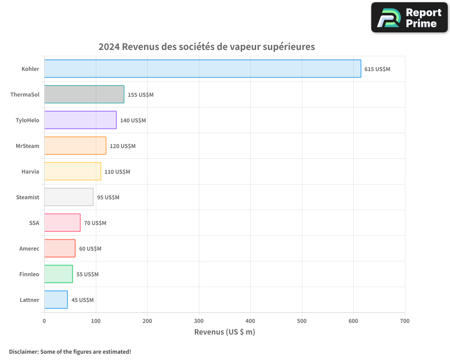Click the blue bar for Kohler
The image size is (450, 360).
click(202, 69)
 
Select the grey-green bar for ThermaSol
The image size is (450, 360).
click(84, 94)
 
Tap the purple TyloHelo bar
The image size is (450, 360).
click(80, 120)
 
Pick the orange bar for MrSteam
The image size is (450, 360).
click(75, 146)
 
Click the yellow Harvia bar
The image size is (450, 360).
click(72, 171)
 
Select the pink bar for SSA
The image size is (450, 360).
click(62, 223)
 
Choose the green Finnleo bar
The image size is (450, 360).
click(58, 274)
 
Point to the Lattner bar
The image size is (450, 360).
click(56, 300)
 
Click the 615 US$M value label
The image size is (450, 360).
click(377, 69)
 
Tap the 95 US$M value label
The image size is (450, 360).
click(108, 198)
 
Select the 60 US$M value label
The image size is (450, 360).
click(90, 249)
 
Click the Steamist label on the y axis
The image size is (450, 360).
click(27, 197)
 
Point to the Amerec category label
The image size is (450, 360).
click(29, 248)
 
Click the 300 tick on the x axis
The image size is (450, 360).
click(199, 321)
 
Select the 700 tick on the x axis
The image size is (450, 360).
click(405, 321)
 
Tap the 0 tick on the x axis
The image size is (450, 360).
click(44, 321)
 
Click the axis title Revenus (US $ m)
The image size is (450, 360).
click(225, 332)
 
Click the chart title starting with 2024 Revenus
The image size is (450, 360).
click(207, 47)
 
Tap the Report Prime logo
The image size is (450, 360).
click(409, 18)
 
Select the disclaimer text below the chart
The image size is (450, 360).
click(70, 351)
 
